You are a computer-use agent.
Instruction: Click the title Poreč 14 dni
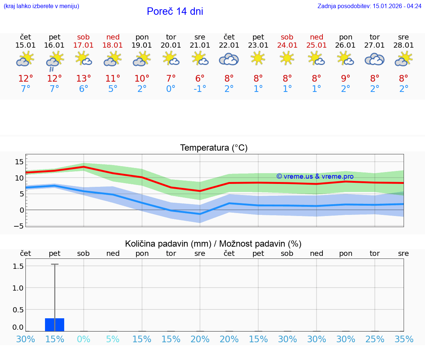point(175,11)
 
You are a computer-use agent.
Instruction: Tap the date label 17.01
point(84,45)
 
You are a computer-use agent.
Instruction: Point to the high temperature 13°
point(84,79)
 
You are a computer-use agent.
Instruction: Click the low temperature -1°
point(200,89)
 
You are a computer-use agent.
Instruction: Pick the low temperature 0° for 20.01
point(171,89)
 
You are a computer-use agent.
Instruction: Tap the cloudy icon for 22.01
point(229,59)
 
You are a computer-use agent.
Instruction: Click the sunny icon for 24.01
point(287,58)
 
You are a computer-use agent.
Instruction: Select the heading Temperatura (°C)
point(214,148)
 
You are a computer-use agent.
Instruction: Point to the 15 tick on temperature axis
point(19,162)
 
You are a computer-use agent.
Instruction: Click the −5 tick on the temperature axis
point(18,226)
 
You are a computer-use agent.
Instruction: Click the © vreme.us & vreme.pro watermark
point(315,176)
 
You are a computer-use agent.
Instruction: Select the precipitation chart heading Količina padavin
point(213,244)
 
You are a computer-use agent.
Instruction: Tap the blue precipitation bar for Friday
point(55,325)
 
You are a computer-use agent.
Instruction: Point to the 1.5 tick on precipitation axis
point(18,266)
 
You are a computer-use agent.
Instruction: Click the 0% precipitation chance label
point(84,339)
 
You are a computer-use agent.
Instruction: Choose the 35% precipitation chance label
point(404,339)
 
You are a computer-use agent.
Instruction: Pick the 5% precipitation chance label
point(113,339)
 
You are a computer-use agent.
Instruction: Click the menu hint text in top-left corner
point(41,6)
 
